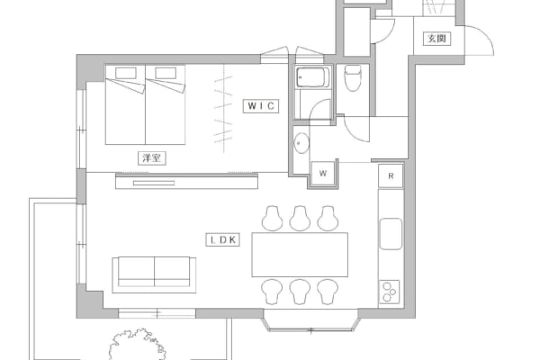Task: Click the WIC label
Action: [x=261, y=106]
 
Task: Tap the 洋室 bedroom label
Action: [x=151, y=158]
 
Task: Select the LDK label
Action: [x=223, y=239]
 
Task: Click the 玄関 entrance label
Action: [x=436, y=38]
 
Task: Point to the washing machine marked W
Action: [x=323, y=174]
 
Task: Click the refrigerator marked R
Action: [x=391, y=176]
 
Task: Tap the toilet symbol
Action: [x=352, y=78]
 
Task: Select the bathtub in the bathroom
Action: [x=313, y=77]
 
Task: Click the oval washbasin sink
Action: [x=301, y=142]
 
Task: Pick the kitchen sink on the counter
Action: [x=391, y=234]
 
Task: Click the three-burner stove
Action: [x=390, y=292]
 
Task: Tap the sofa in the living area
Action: [x=154, y=274]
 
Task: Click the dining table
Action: [x=300, y=255]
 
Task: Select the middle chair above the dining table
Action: [x=300, y=219]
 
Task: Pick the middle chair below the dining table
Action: [x=300, y=292]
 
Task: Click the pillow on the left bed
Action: [x=126, y=73]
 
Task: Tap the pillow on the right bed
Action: [x=166, y=73]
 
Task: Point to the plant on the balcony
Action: [x=138, y=345]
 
